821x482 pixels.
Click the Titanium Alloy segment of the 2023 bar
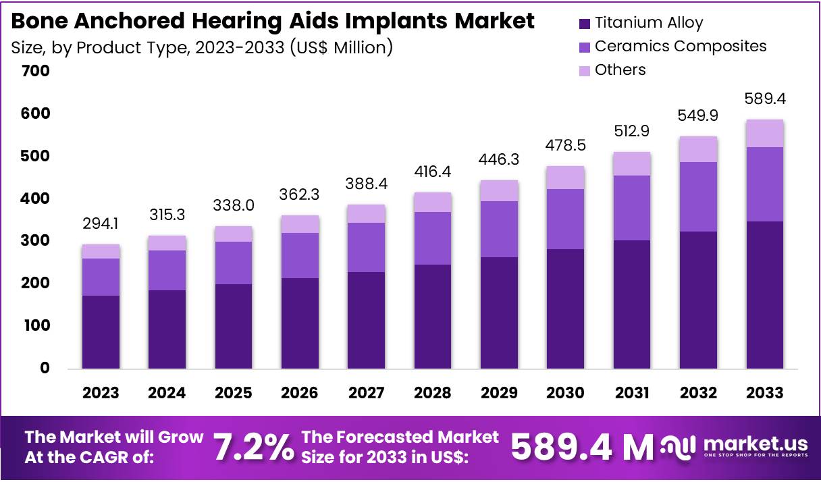(101, 331)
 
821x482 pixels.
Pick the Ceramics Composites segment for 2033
(764, 184)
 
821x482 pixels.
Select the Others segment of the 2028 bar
(433, 202)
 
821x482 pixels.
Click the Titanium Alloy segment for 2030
(565, 309)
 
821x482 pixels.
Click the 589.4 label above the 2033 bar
(764, 99)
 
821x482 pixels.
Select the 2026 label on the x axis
(300, 393)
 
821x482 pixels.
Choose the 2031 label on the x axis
(631, 393)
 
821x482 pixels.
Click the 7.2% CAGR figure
(253, 446)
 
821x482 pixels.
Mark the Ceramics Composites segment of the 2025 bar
(234, 263)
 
